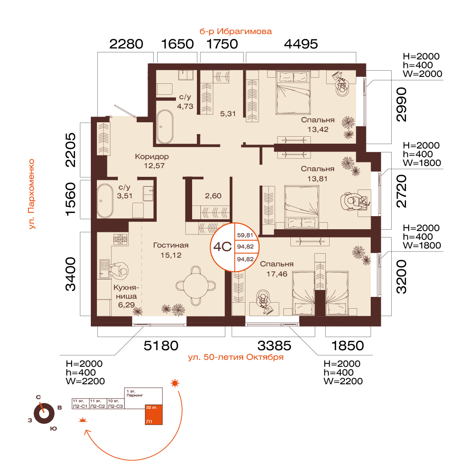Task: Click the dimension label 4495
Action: pos(301,44)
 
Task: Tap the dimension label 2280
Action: pos(126,44)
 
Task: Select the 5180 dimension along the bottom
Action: pos(161,346)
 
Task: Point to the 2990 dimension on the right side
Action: pos(402,104)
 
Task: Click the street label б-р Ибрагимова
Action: pos(236,31)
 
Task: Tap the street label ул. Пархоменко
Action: pos(31,194)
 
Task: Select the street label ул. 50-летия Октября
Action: pos(236,357)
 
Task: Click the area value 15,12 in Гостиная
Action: pos(171,255)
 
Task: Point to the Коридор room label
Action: pos(152,156)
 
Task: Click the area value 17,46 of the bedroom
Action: pos(277,274)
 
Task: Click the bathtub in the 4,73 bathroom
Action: pos(165,127)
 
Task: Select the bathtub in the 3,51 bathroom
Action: pos(105,200)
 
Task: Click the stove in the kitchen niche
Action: pos(121,239)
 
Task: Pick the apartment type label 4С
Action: pos(222,247)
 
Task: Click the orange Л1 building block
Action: pos(154,414)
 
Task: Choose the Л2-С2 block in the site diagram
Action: pos(98,404)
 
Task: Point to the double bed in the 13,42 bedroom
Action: pos(293,93)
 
